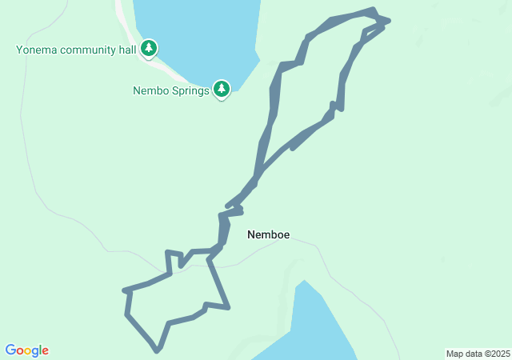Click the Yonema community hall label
[75, 50]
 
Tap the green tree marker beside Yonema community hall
[149, 50]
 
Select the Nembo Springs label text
[171, 90]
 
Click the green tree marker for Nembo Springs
[222, 89]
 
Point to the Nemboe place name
[268, 234]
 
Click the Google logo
[27, 350]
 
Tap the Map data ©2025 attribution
[478, 354]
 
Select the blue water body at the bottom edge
[316, 328]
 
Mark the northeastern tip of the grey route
[388, 19]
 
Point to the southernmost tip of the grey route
[158, 350]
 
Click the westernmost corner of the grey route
[125, 290]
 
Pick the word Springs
[190, 90]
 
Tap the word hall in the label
[126, 50]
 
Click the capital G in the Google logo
[11, 350]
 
